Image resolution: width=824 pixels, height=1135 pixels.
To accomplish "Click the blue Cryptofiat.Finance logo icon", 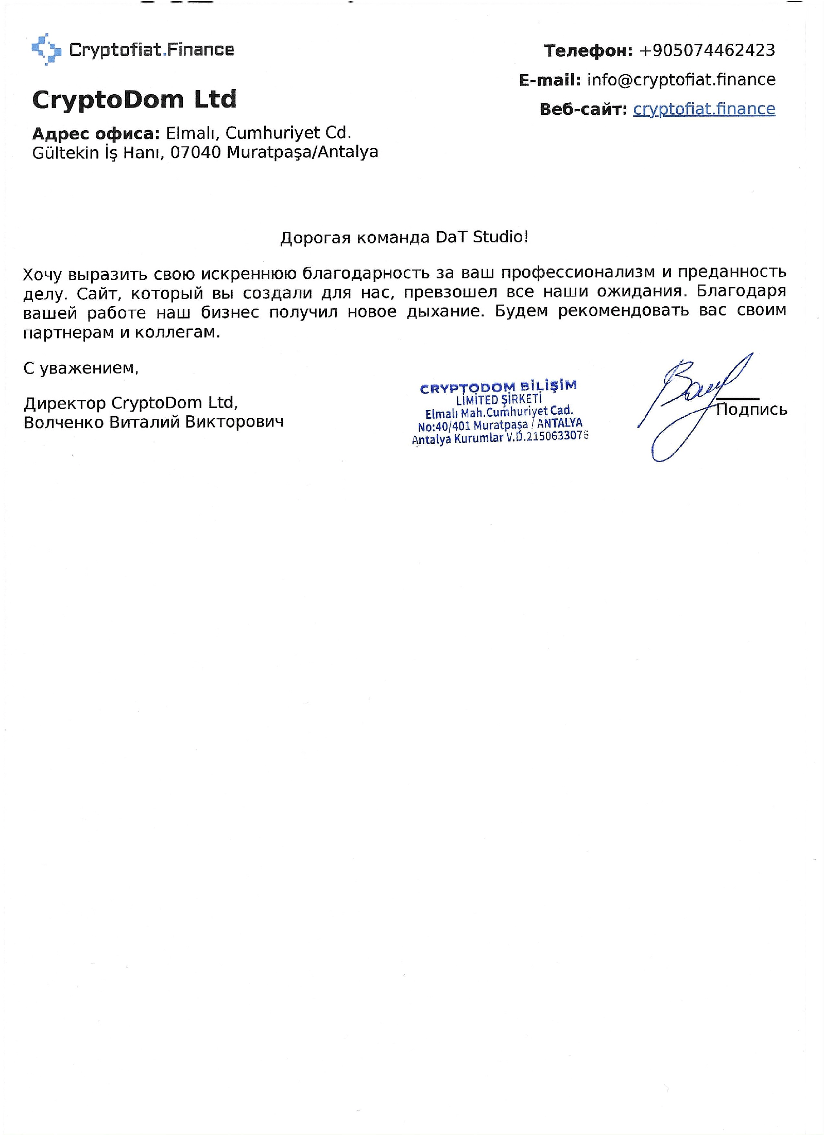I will [x=46, y=49].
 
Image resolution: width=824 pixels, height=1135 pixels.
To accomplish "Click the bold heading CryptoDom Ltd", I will [x=134, y=99].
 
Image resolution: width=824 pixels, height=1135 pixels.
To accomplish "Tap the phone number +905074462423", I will [x=707, y=50].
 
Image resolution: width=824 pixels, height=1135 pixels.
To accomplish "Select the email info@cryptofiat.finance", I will [x=681, y=80].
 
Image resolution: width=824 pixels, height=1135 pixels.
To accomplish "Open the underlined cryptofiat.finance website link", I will [x=703, y=109].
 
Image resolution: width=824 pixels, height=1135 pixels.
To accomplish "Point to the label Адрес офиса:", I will [x=96, y=134].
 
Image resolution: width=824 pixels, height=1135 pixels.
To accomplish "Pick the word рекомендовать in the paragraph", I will [x=623, y=311].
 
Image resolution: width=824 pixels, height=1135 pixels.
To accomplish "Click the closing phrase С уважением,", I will [x=81, y=368].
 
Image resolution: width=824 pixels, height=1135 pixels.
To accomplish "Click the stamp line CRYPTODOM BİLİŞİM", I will [x=498, y=387].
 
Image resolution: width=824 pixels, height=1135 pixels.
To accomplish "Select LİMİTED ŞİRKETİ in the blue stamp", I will [x=499, y=400].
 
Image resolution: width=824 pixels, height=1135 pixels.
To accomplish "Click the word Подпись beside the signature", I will [x=751, y=410].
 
